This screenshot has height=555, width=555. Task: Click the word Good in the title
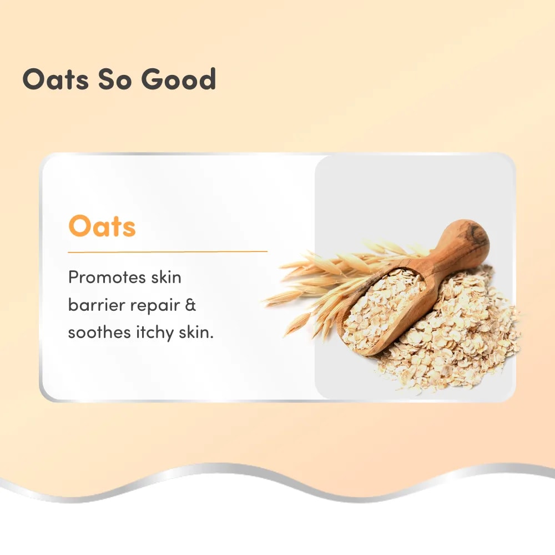[x=178, y=78]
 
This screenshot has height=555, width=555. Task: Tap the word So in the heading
[x=113, y=79]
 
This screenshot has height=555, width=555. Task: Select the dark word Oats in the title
[x=55, y=79]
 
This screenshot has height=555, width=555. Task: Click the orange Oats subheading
[x=102, y=225]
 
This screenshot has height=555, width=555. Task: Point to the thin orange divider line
[x=168, y=251]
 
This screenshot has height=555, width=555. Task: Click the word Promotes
[x=107, y=277]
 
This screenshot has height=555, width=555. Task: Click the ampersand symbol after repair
[x=190, y=305]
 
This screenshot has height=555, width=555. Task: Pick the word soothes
[x=99, y=332]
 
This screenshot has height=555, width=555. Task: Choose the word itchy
[x=155, y=334]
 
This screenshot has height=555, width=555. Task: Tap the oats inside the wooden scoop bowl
[x=383, y=306]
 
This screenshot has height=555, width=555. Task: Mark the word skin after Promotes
[x=166, y=277]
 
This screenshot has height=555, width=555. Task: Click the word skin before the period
[x=194, y=332]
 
